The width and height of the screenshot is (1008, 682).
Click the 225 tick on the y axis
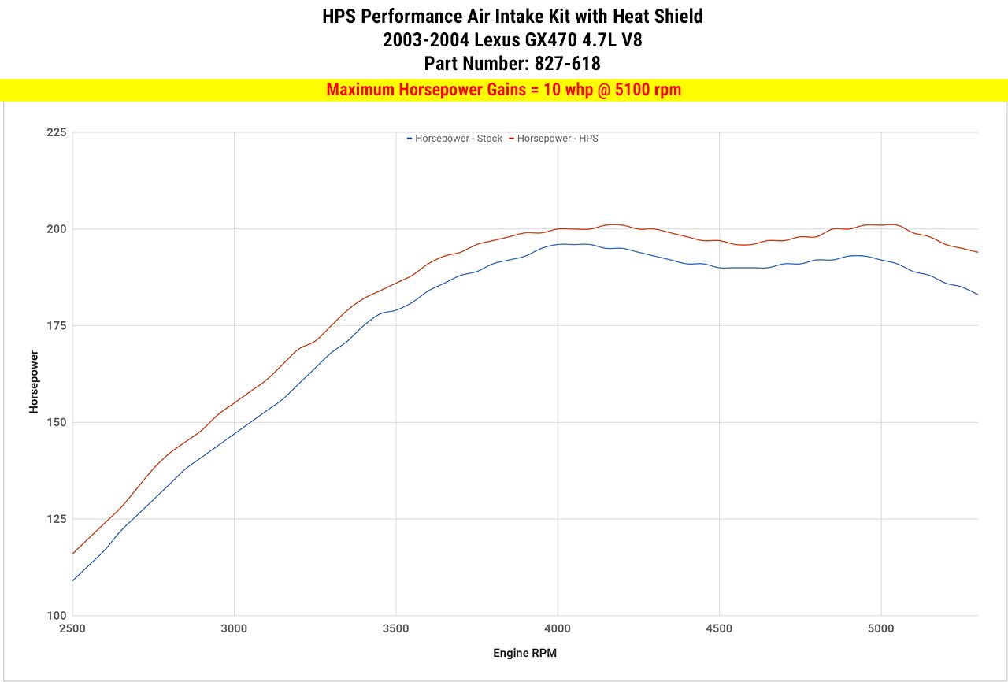point(55,132)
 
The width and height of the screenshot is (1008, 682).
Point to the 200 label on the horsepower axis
point(55,229)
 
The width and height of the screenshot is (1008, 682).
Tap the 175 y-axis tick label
point(55,326)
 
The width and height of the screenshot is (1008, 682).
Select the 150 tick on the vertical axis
point(55,422)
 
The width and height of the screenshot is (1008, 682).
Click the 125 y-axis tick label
point(55,519)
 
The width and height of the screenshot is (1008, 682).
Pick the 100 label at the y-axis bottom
point(55,616)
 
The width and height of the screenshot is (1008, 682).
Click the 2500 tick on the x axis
point(72,628)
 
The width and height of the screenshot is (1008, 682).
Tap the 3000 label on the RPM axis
point(234,628)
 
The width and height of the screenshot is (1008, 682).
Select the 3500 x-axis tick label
point(396,628)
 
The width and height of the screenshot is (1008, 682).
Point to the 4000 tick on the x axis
point(558,628)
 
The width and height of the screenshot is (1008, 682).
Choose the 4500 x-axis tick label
point(719,628)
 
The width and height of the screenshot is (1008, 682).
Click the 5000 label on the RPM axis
point(881,628)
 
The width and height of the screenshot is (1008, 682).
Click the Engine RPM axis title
point(525,653)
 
